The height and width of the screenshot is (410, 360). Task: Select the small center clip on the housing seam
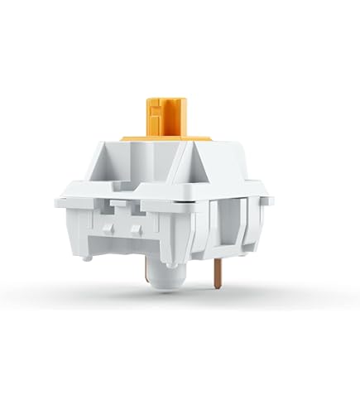tap(121, 202)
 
